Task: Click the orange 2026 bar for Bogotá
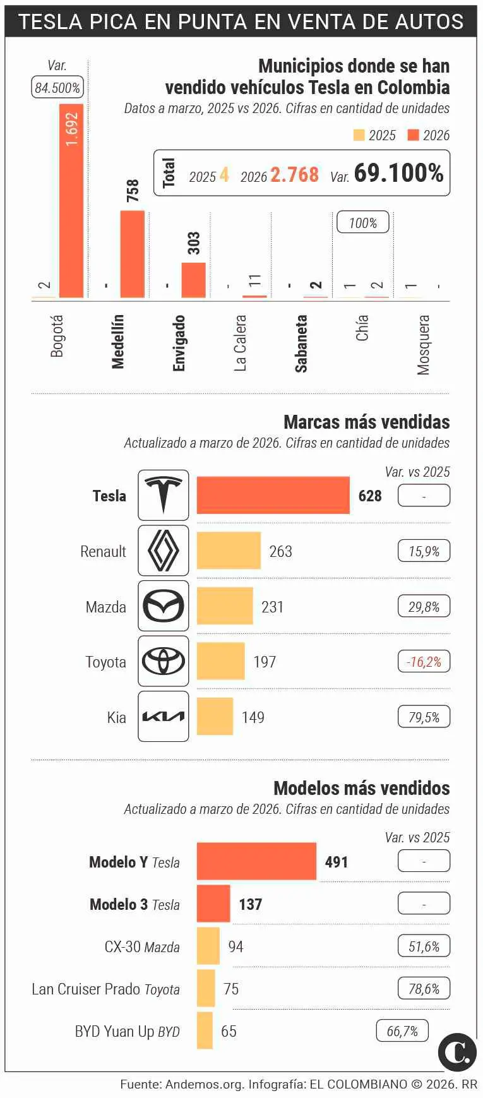[x=71, y=201]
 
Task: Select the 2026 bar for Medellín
[x=133, y=254]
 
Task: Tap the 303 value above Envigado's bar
[x=194, y=243]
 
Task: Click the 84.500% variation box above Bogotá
[x=57, y=88]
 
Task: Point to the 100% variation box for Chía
[x=363, y=223]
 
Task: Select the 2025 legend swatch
[x=359, y=135]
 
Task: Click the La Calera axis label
[x=240, y=343]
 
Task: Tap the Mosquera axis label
[x=423, y=345]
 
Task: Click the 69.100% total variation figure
[x=398, y=173]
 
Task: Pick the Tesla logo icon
[x=164, y=495]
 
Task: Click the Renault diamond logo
[x=164, y=551]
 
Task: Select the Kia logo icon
[x=164, y=716]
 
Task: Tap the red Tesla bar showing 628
[x=273, y=495]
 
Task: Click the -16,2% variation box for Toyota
[x=424, y=662]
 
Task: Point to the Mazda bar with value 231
[x=225, y=606]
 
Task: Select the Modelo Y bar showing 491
[x=256, y=861]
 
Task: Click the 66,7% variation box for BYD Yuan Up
[x=402, y=1031]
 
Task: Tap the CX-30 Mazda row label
[x=142, y=946]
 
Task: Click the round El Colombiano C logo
[x=457, y=1053]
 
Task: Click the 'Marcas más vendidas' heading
[x=366, y=422]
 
